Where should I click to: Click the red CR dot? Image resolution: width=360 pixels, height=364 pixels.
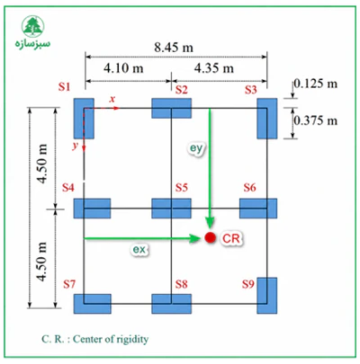coord(211,237)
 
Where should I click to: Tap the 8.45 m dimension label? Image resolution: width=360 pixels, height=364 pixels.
coord(174,48)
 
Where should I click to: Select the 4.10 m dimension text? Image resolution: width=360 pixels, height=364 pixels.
coord(123,68)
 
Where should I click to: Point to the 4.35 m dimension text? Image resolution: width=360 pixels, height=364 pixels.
coord(214,68)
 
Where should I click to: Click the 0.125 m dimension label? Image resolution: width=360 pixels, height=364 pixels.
coord(316,84)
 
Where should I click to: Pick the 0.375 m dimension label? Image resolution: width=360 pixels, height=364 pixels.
coord(316,120)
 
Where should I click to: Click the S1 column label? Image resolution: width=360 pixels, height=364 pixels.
coord(64,87)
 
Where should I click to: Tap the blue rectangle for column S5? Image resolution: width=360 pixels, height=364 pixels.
coord(171,209)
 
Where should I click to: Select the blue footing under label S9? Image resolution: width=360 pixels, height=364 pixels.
coord(267,296)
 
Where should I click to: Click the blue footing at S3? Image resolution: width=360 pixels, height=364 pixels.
coord(267,119)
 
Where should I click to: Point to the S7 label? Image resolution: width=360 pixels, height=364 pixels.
coord(69,284)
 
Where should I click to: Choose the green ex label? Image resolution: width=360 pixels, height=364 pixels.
coord(139,249)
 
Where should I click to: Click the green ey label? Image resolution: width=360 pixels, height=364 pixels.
coord(196,148)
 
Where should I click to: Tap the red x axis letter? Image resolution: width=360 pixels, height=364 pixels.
coord(112,99)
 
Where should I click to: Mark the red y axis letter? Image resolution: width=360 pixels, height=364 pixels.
coord(75,146)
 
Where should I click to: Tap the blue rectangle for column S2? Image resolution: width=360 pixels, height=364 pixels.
coord(171,108)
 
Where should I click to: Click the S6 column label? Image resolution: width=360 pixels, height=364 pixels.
coord(249,188)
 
